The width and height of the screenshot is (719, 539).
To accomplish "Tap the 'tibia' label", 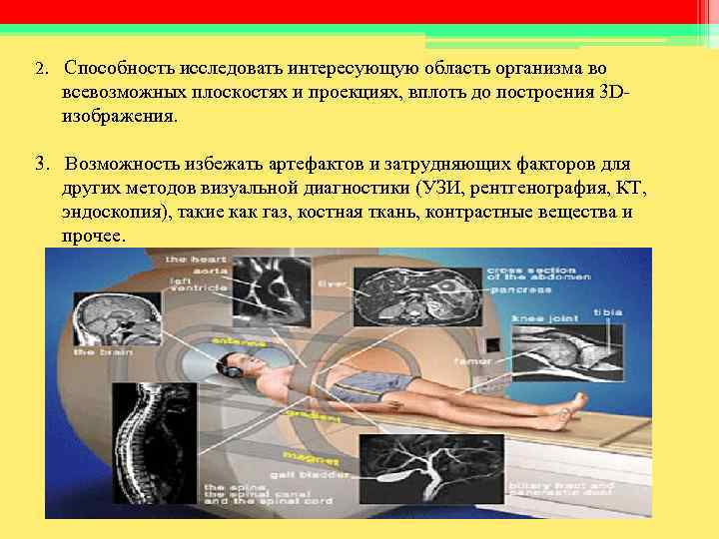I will point(606,312).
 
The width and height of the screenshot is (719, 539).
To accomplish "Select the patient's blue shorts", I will point(370,384).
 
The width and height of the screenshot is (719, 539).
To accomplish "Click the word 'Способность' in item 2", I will point(119,71).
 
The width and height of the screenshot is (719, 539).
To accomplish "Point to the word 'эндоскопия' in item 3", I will point(109,213).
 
